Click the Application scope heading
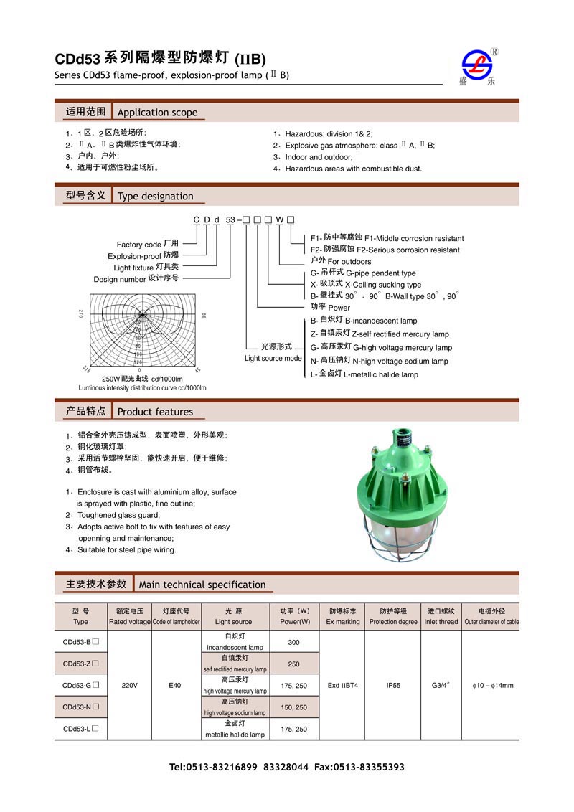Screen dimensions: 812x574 pos(156,112)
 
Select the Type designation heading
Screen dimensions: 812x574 pos(155,196)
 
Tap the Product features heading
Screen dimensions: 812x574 pos(155,412)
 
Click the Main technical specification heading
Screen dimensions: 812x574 pos(202,585)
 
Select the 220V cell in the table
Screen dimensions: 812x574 pos(129,685)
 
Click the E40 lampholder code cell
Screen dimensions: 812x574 pos(175,685)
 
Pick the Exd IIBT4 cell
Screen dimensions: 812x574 pos(342,685)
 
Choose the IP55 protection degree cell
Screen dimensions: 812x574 pos(393,685)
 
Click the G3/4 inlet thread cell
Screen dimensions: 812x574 pos(441,685)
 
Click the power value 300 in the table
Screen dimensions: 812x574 pos(294,642)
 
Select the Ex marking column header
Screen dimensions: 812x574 pos(342,616)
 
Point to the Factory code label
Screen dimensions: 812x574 pos(139,245)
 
